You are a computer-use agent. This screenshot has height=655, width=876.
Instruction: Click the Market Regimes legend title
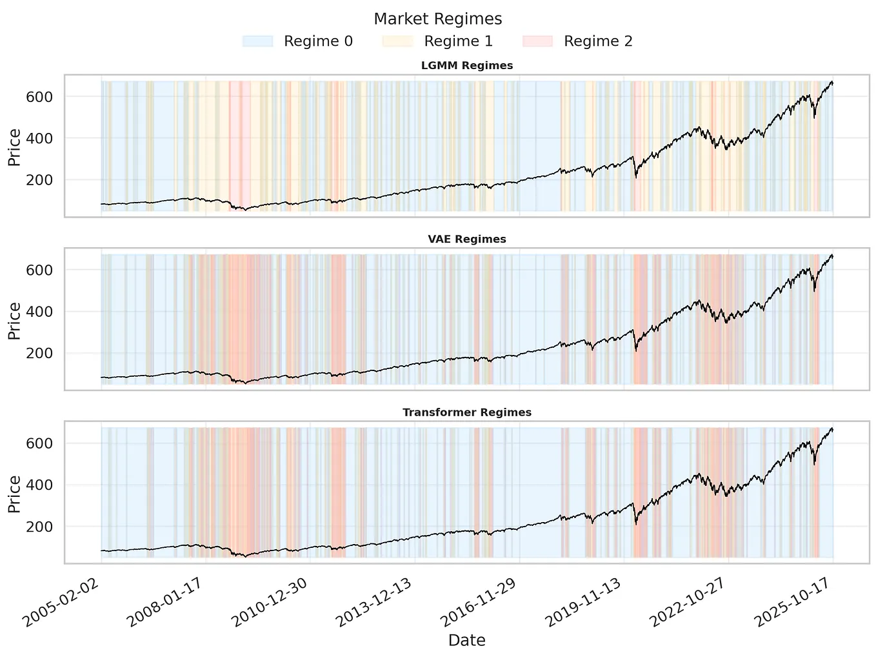tap(437, 19)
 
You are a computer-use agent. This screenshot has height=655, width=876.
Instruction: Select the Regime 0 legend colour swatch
tap(257, 41)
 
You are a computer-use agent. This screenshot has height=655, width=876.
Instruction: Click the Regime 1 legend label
tap(458, 41)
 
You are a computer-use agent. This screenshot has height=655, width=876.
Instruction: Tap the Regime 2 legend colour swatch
tap(537, 41)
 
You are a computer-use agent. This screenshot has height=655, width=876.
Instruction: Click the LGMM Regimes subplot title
tap(466, 66)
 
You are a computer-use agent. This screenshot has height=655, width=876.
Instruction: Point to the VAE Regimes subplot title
tap(466, 239)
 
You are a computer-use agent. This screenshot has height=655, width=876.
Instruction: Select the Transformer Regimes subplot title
tap(466, 412)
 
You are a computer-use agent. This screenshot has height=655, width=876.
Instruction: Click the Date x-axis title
tap(466, 640)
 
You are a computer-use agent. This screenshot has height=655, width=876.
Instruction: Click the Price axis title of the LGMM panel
tap(14, 148)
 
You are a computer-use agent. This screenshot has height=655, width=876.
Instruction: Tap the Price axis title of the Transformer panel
tap(14, 494)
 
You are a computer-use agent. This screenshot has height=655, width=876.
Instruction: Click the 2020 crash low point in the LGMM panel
tap(636, 177)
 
